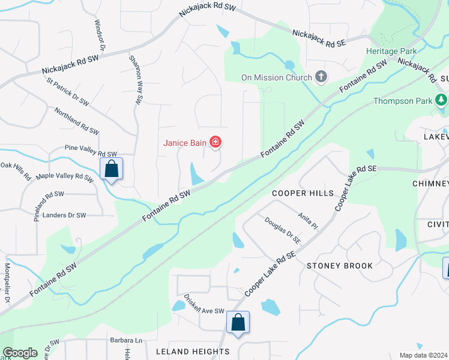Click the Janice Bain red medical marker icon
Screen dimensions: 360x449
215,142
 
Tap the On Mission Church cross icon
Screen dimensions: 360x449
321,77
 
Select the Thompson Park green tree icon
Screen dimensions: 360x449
442,100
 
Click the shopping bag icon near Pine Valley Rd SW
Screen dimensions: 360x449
112,169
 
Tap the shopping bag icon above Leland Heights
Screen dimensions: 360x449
238,323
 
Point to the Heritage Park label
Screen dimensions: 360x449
390,51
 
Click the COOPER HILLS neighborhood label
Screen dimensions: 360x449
302,193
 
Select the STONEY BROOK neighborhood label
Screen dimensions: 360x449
340,265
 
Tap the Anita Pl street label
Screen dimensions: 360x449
307,220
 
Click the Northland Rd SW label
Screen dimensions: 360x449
76,121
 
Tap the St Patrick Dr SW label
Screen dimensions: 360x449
67,93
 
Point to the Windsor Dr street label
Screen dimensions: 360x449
100,35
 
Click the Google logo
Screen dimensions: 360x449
20,353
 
